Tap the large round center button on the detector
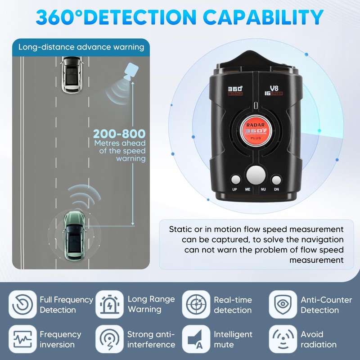pyautogui.click(x=256, y=174)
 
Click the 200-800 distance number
pyautogui.click(x=119, y=134)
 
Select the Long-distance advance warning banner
pyautogui.click(x=81, y=47)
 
